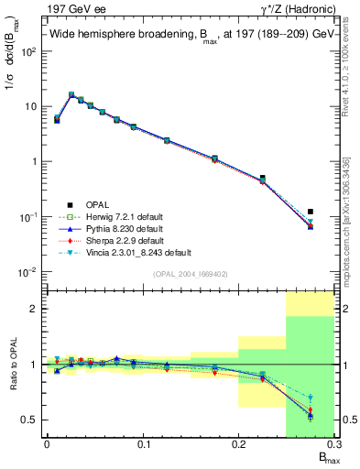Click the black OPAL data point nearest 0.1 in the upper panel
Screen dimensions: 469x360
[134, 126]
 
